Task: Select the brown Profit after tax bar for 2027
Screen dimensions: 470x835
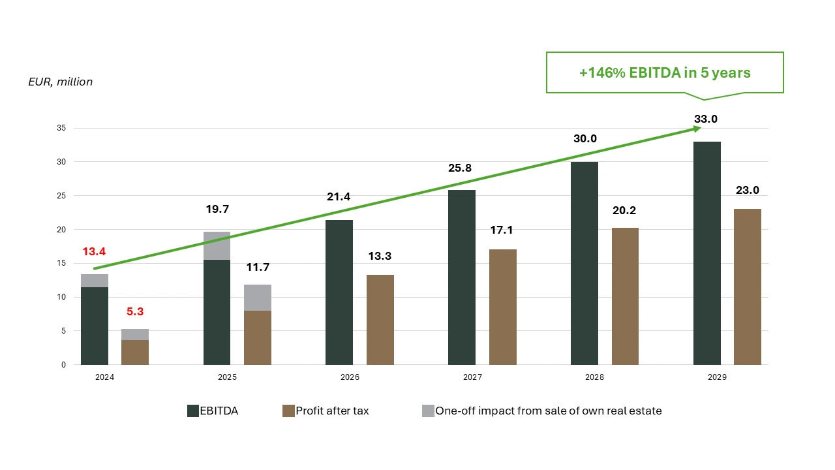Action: click(503, 307)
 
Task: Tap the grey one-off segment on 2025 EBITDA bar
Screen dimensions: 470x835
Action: click(217, 246)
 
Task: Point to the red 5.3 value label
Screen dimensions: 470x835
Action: click(135, 311)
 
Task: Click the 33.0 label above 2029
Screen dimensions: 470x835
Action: click(706, 119)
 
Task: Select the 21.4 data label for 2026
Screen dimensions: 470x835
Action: click(339, 197)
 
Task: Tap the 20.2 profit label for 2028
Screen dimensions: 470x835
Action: click(625, 210)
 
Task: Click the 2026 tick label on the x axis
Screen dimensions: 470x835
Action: click(350, 377)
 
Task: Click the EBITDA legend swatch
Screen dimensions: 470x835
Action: click(193, 411)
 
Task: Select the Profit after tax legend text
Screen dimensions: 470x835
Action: click(332, 411)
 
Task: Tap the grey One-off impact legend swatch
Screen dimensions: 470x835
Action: click(428, 411)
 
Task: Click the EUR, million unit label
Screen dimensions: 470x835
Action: click(61, 82)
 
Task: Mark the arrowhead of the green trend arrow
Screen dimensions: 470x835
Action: click(697, 129)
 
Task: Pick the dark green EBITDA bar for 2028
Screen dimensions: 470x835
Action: click(584, 263)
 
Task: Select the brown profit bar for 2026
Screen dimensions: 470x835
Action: click(380, 320)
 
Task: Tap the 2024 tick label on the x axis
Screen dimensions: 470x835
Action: click(104, 377)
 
